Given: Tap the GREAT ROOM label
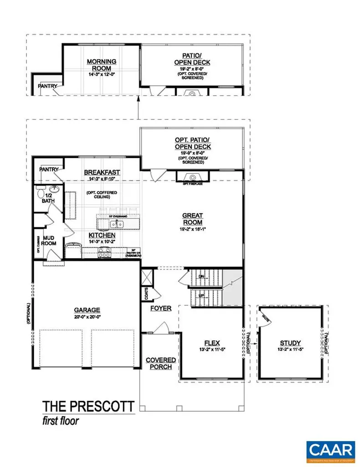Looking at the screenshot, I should (192, 218).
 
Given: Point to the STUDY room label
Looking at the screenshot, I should (290, 342).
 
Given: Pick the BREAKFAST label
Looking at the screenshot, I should (102, 172).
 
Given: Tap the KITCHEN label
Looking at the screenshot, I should (104, 234).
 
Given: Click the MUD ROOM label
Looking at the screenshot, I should (49, 240).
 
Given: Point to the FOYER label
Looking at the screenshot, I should (161, 308).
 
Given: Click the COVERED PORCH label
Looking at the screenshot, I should (161, 363).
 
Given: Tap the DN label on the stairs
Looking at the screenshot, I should (201, 276).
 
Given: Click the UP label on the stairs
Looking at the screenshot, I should (201, 295).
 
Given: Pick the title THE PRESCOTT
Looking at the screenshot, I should (88, 406).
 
